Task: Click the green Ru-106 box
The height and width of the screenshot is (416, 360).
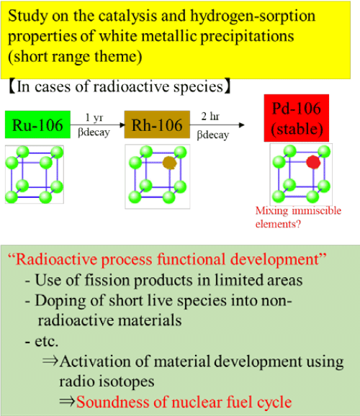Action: pos(37,125)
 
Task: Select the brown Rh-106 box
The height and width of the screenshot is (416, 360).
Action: pos(157,125)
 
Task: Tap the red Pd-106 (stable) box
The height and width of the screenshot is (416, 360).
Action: pos(297,118)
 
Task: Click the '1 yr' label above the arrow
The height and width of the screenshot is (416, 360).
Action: pos(94,117)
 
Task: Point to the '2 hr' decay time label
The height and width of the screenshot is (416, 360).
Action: pos(210,116)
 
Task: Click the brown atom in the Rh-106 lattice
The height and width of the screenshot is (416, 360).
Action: pos(170,163)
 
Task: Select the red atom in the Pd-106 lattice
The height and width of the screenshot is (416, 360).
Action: pos(313,162)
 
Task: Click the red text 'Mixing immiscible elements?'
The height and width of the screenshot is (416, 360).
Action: pos(298,217)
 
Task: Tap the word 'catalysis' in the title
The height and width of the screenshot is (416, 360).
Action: pos(127,16)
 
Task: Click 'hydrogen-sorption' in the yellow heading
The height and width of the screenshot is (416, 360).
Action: pos(253,17)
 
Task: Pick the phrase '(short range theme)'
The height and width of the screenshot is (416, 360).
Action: pos(75,57)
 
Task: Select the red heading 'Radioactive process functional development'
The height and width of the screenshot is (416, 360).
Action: pos(167,259)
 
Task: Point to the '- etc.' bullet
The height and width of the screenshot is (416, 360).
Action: pos(42,341)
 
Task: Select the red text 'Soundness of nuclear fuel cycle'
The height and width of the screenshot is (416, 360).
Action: pos(184,402)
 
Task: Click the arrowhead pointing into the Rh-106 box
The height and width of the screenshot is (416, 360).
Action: pos(122,125)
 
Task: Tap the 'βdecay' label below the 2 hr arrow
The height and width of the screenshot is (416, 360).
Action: pos(212,135)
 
